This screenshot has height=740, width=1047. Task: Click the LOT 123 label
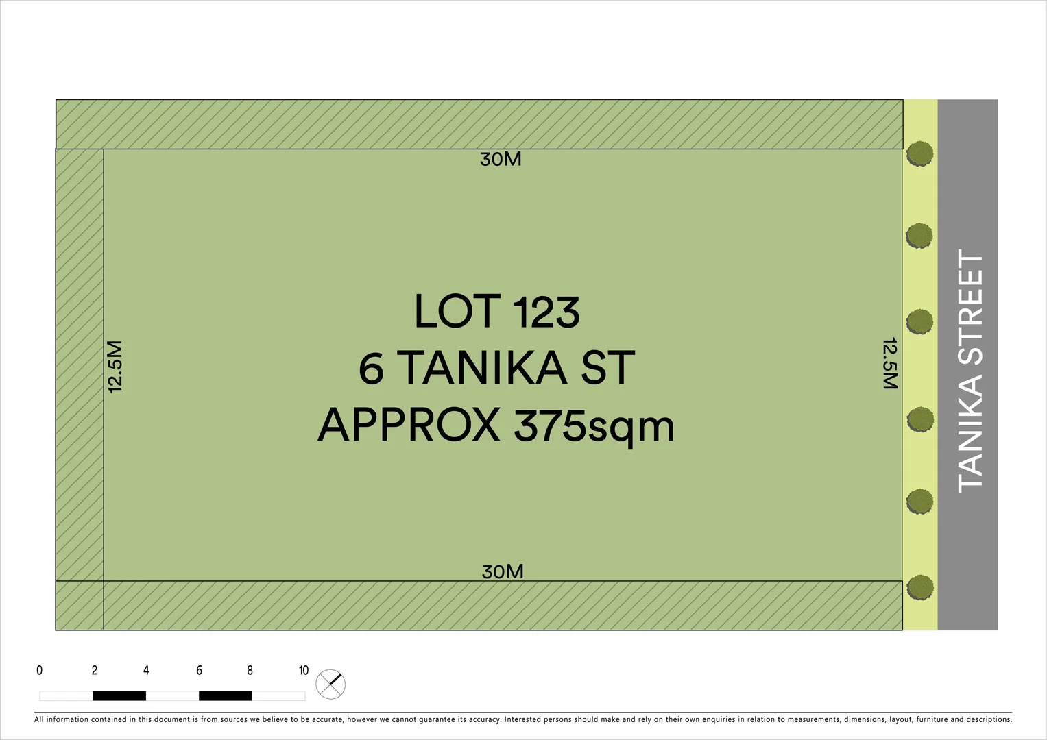pos(497,312)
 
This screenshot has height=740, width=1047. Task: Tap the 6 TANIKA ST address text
pos(497,368)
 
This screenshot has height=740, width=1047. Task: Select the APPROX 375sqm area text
pos(496,425)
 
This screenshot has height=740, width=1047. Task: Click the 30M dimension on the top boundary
pos(501,159)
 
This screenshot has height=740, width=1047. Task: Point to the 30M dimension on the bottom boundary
pos(503,571)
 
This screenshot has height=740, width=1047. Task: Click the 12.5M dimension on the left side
pos(115,367)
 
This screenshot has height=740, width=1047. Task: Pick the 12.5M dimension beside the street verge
pos(890,363)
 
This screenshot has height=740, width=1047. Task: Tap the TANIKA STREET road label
pos(971,371)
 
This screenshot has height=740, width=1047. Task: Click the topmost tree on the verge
pos(919,154)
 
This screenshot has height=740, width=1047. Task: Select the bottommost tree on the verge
pos(920,587)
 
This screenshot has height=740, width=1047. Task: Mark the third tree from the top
pos(919,321)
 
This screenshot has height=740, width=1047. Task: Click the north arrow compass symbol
pos(330,684)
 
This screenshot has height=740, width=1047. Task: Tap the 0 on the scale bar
pos(39,670)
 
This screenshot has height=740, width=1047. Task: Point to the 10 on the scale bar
pos(304,670)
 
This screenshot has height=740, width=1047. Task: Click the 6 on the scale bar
pos(199,670)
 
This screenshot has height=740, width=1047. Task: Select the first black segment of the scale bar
pos(119,696)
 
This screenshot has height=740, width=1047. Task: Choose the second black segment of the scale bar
pos(226,696)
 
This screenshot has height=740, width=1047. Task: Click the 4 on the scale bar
pos(146,670)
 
